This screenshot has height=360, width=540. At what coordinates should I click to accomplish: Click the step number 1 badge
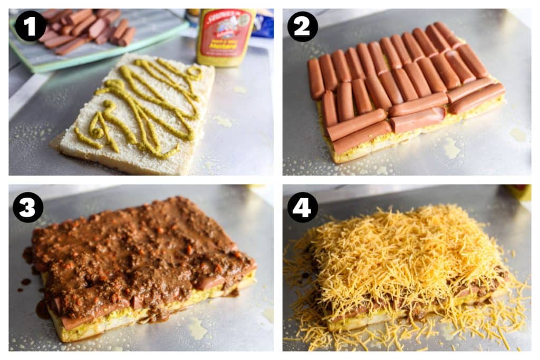click(x=30, y=25)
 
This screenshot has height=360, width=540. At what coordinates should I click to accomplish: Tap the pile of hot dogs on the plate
click(x=87, y=29)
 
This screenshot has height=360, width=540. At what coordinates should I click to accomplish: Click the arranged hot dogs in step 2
click(x=401, y=79)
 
